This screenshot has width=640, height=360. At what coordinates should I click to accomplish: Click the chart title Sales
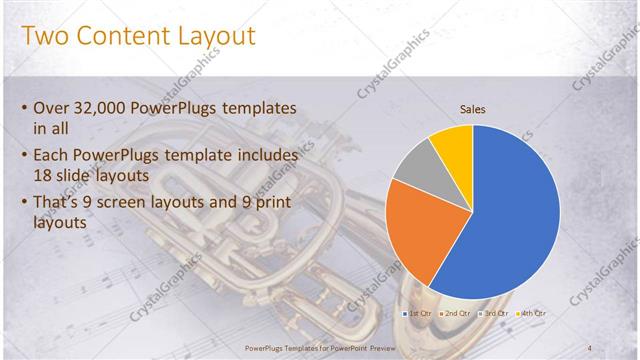472,110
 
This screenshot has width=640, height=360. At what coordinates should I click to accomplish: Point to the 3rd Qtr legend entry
494,313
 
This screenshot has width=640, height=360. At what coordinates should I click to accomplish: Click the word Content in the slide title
138,37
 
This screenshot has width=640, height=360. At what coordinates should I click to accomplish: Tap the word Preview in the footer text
377,347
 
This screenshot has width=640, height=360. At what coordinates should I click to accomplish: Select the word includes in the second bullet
266,156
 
